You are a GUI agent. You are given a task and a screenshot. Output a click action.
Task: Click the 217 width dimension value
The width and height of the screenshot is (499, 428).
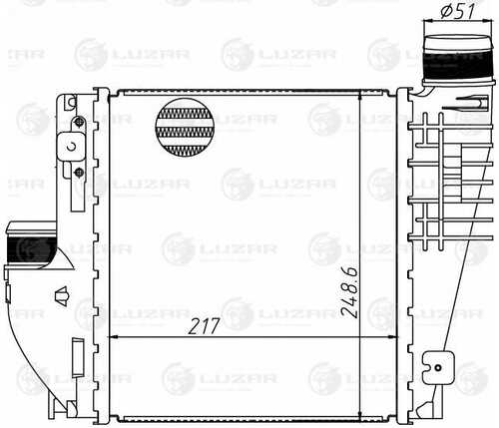(x=204, y=326)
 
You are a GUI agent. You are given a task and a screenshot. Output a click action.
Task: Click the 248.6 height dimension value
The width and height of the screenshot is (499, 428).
(x=350, y=292)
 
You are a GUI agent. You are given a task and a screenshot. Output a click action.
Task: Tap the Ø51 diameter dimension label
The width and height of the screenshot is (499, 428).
(x=457, y=11)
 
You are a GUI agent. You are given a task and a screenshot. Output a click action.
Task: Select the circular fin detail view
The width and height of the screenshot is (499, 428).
(x=185, y=127)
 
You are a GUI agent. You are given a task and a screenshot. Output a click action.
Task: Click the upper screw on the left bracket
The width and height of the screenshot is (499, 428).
(x=79, y=122)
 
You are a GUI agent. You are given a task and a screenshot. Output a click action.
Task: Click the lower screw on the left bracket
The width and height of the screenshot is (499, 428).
(x=79, y=172)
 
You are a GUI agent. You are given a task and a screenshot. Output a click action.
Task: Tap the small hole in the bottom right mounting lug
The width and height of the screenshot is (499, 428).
(x=438, y=368)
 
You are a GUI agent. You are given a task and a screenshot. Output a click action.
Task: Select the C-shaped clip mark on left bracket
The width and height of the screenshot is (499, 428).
(x=72, y=146)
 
